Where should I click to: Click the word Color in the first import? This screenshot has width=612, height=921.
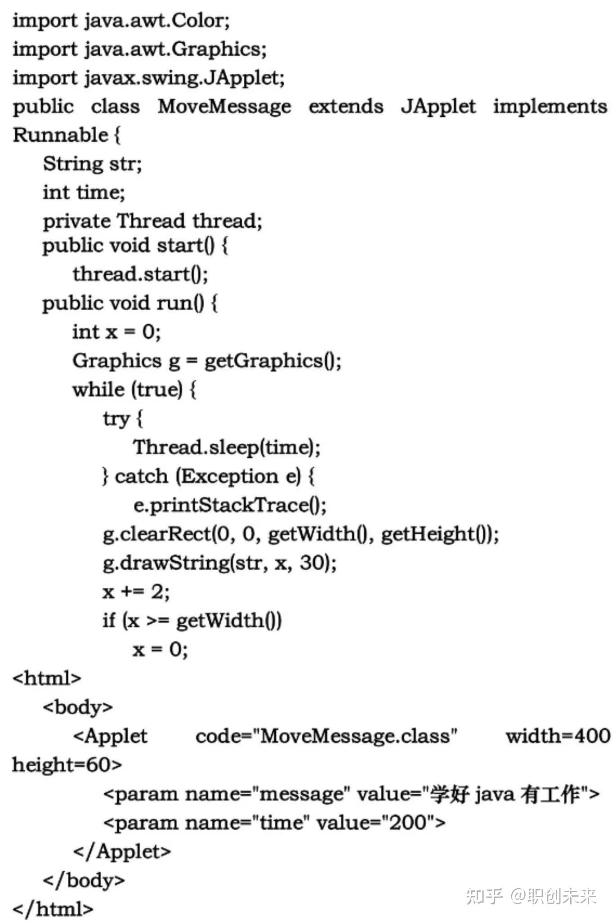198,21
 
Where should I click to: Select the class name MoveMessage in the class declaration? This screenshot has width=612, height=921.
224,107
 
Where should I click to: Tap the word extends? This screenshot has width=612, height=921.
346,107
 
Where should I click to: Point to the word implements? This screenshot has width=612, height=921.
550,107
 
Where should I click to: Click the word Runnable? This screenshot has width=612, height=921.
60,135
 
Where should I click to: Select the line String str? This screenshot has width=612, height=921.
92,164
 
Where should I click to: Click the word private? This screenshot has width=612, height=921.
76,221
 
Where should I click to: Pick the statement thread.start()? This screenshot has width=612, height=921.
140,274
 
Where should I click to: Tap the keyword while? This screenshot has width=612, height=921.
98,389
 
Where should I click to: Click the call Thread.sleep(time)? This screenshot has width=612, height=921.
227,447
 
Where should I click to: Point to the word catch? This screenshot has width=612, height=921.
141,476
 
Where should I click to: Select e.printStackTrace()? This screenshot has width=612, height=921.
230,505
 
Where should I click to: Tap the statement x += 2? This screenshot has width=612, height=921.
136,592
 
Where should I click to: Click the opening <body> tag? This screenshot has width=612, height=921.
77,707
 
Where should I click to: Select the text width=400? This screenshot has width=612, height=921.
558,736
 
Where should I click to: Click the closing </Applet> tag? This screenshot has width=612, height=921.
122,851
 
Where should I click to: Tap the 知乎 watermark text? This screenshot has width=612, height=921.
484,896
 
